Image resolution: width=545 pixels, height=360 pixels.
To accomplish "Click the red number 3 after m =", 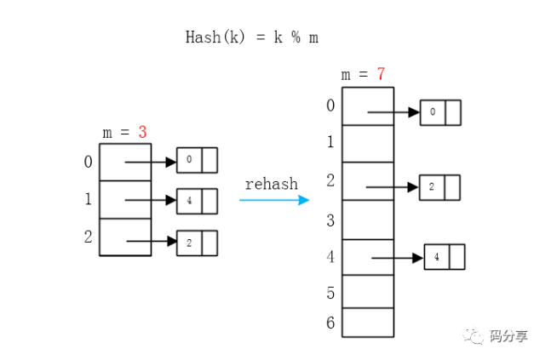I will (x=142, y=133).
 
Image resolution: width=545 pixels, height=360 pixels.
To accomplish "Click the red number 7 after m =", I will (x=381, y=75).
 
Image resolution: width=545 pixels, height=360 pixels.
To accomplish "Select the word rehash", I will (x=271, y=184).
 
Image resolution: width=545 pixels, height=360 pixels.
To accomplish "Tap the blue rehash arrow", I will (x=273, y=201).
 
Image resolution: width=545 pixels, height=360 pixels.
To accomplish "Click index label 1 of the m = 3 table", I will (x=88, y=199).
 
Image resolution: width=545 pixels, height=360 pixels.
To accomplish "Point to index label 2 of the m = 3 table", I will (x=88, y=237).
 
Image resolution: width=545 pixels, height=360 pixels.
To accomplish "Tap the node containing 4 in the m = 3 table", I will (x=197, y=201).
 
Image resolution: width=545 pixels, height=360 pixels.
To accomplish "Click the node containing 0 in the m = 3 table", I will (x=197, y=160).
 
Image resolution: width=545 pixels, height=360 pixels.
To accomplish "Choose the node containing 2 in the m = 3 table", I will (x=197, y=243).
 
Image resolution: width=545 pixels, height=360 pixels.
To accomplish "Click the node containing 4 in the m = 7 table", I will (x=445, y=256).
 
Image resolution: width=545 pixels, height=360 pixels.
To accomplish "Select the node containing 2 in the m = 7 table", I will (x=439, y=187).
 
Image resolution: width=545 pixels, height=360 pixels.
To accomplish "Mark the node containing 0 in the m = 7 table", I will (x=440, y=111).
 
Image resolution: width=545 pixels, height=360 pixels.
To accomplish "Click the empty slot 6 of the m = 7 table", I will (x=368, y=323).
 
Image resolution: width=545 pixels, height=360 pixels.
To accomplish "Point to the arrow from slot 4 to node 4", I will (x=397, y=257).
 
